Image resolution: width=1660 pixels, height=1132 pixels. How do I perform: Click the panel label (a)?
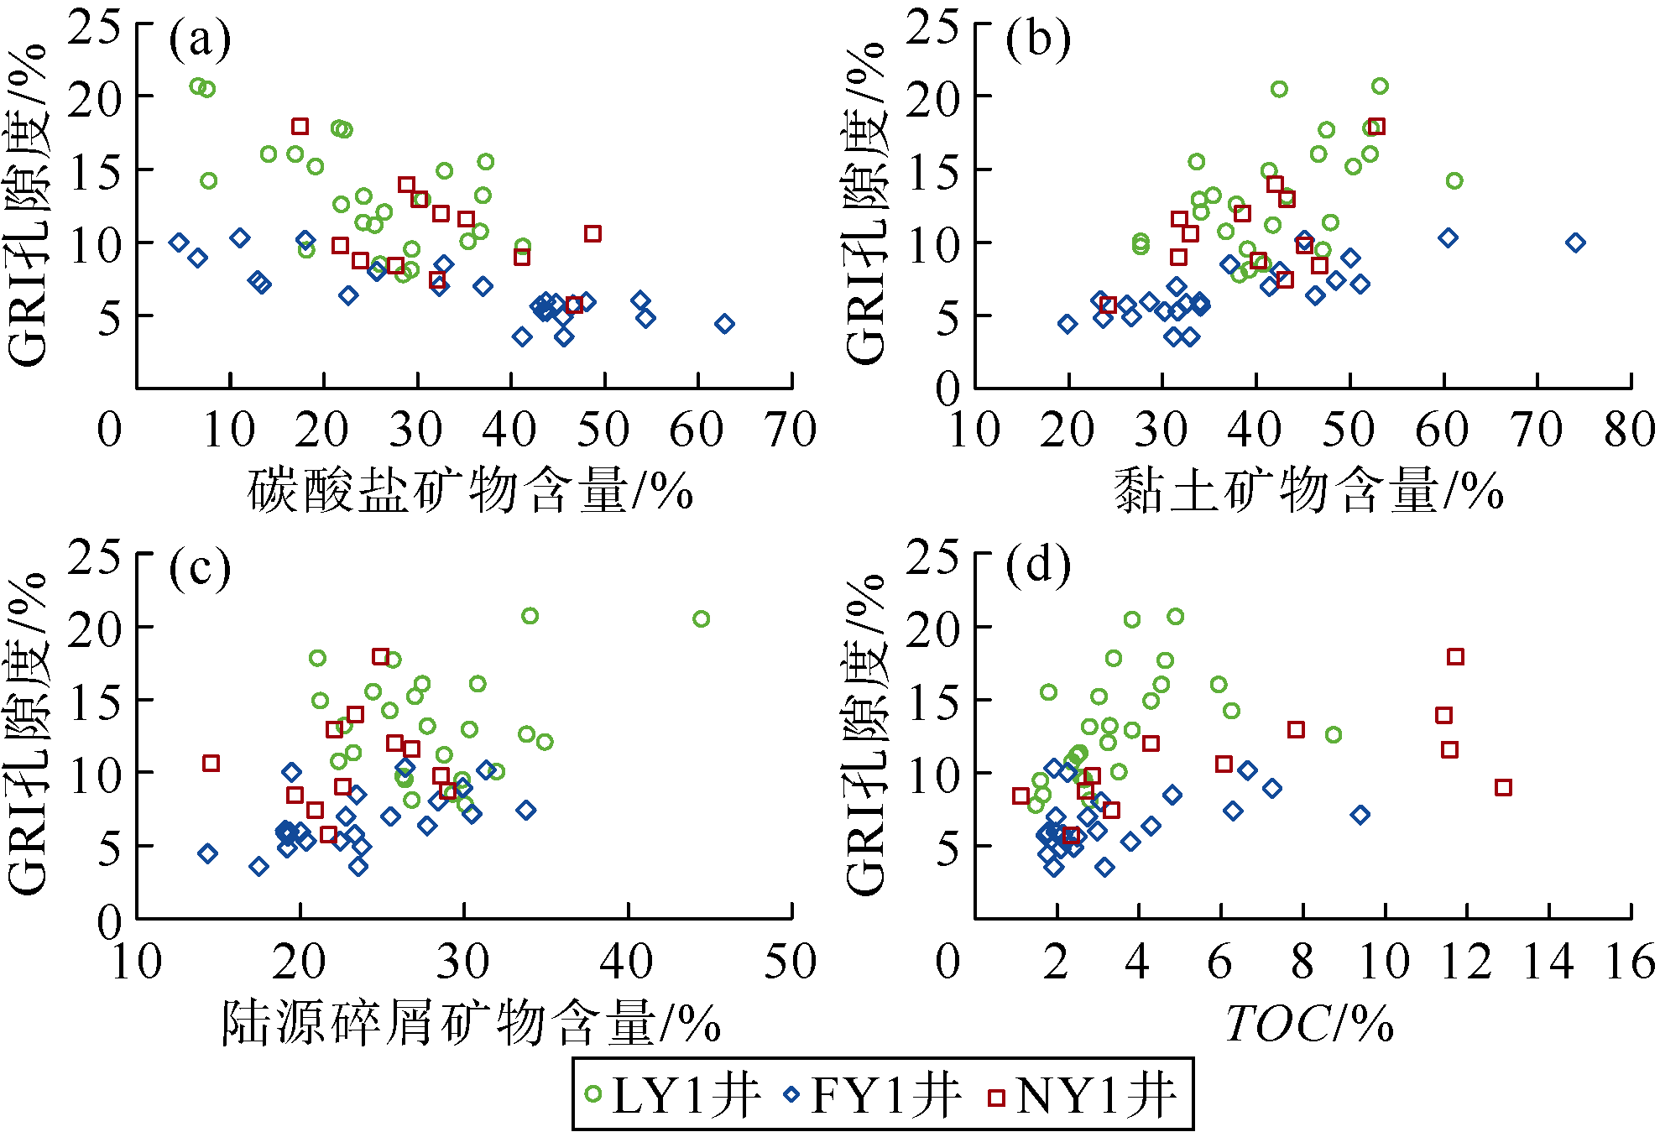pyautogui.click(x=200, y=39)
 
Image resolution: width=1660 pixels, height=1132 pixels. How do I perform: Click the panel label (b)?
pyautogui.click(x=1038, y=39)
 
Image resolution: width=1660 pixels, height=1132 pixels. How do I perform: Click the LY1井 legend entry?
pyautogui.click(x=671, y=1094)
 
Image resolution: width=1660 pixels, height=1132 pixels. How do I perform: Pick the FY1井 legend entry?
pyautogui.click(x=873, y=1094)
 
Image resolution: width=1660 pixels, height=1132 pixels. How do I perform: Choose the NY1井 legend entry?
pyautogui.click(x=1083, y=1094)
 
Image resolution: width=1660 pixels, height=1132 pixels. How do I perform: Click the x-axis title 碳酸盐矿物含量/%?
pyautogui.click(x=470, y=490)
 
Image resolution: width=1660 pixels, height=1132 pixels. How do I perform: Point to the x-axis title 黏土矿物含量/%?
pyautogui.click(x=1308, y=490)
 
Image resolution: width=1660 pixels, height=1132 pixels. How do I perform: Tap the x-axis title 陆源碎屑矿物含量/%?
pyautogui.click(x=470, y=1023)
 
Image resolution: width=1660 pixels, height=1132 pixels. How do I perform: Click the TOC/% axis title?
pyautogui.click(x=1309, y=1023)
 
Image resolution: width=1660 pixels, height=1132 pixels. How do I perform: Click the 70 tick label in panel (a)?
pyautogui.click(x=791, y=430)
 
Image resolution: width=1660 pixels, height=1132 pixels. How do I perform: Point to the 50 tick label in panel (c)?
pyautogui.click(x=791, y=962)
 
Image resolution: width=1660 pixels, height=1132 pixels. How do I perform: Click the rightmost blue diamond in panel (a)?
pyautogui.click(x=724, y=324)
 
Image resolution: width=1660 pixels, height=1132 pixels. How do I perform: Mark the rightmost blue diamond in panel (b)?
pyautogui.click(x=1575, y=243)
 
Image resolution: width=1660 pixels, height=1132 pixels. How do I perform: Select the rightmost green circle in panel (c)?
pyautogui.click(x=701, y=619)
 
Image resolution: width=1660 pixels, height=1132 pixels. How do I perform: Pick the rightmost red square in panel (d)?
pyautogui.click(x=1503, y=787)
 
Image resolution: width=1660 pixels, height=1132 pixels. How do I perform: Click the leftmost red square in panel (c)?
pyautogui.click(x=211, y=763)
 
